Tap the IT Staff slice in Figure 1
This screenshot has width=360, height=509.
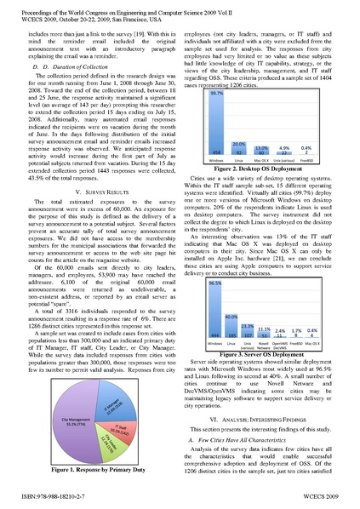coord(118,433)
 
